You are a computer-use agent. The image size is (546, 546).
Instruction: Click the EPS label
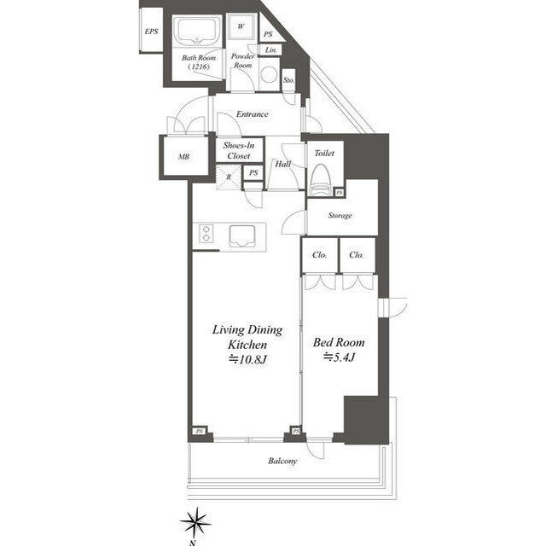(152, 32)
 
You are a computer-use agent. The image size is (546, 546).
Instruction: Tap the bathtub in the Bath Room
(197, 32)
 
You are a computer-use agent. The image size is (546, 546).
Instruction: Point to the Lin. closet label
(271, 49)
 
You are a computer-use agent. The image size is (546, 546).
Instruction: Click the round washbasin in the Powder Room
(270, 74)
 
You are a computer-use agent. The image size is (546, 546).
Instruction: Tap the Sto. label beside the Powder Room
(288, 80)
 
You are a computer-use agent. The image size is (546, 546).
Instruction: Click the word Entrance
(253, 113)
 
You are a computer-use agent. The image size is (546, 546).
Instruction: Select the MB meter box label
(184, 157)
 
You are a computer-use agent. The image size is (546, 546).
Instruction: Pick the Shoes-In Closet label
(239, 150)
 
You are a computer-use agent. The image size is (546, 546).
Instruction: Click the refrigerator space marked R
(229, 177)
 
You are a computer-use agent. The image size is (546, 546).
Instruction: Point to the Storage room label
(340, 216)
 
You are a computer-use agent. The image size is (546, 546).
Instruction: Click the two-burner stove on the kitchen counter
(206, 233)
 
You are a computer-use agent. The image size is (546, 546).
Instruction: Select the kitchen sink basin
(242, 235)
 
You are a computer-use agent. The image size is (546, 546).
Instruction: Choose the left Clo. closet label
(319, 255)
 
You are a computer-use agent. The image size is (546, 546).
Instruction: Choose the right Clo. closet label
(357, 255)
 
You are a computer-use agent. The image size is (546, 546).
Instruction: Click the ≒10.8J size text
(247, 359)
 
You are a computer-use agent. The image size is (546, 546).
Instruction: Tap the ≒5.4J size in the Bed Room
(339, 357)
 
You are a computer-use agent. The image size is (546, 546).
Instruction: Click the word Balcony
(282, 461)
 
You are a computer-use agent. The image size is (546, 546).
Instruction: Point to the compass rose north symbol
(196, 522)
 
